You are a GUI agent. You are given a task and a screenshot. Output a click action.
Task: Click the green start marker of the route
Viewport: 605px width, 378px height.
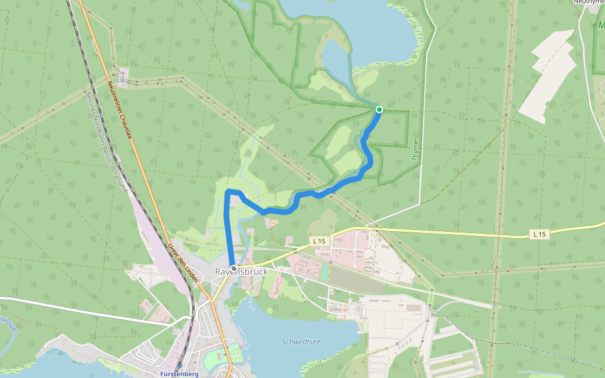[379, 110]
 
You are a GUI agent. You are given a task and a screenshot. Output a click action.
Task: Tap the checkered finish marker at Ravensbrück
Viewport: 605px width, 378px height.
[234, 269]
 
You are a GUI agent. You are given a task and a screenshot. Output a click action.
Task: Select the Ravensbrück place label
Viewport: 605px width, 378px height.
[241, 272]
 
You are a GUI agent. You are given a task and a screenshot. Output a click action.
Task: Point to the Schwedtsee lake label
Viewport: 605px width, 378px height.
[301, 341]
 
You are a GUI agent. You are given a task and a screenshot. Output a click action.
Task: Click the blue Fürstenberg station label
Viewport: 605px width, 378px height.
[180, 374]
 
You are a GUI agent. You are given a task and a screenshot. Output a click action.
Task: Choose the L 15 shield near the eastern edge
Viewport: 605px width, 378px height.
[539, 234]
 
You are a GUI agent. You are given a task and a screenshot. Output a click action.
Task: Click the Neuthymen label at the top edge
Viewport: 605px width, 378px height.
[589, 2]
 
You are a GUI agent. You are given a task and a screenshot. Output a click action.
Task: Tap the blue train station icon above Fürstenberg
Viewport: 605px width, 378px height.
[180, 365]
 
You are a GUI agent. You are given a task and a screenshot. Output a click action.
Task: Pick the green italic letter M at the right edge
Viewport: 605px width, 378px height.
[601, 26]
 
